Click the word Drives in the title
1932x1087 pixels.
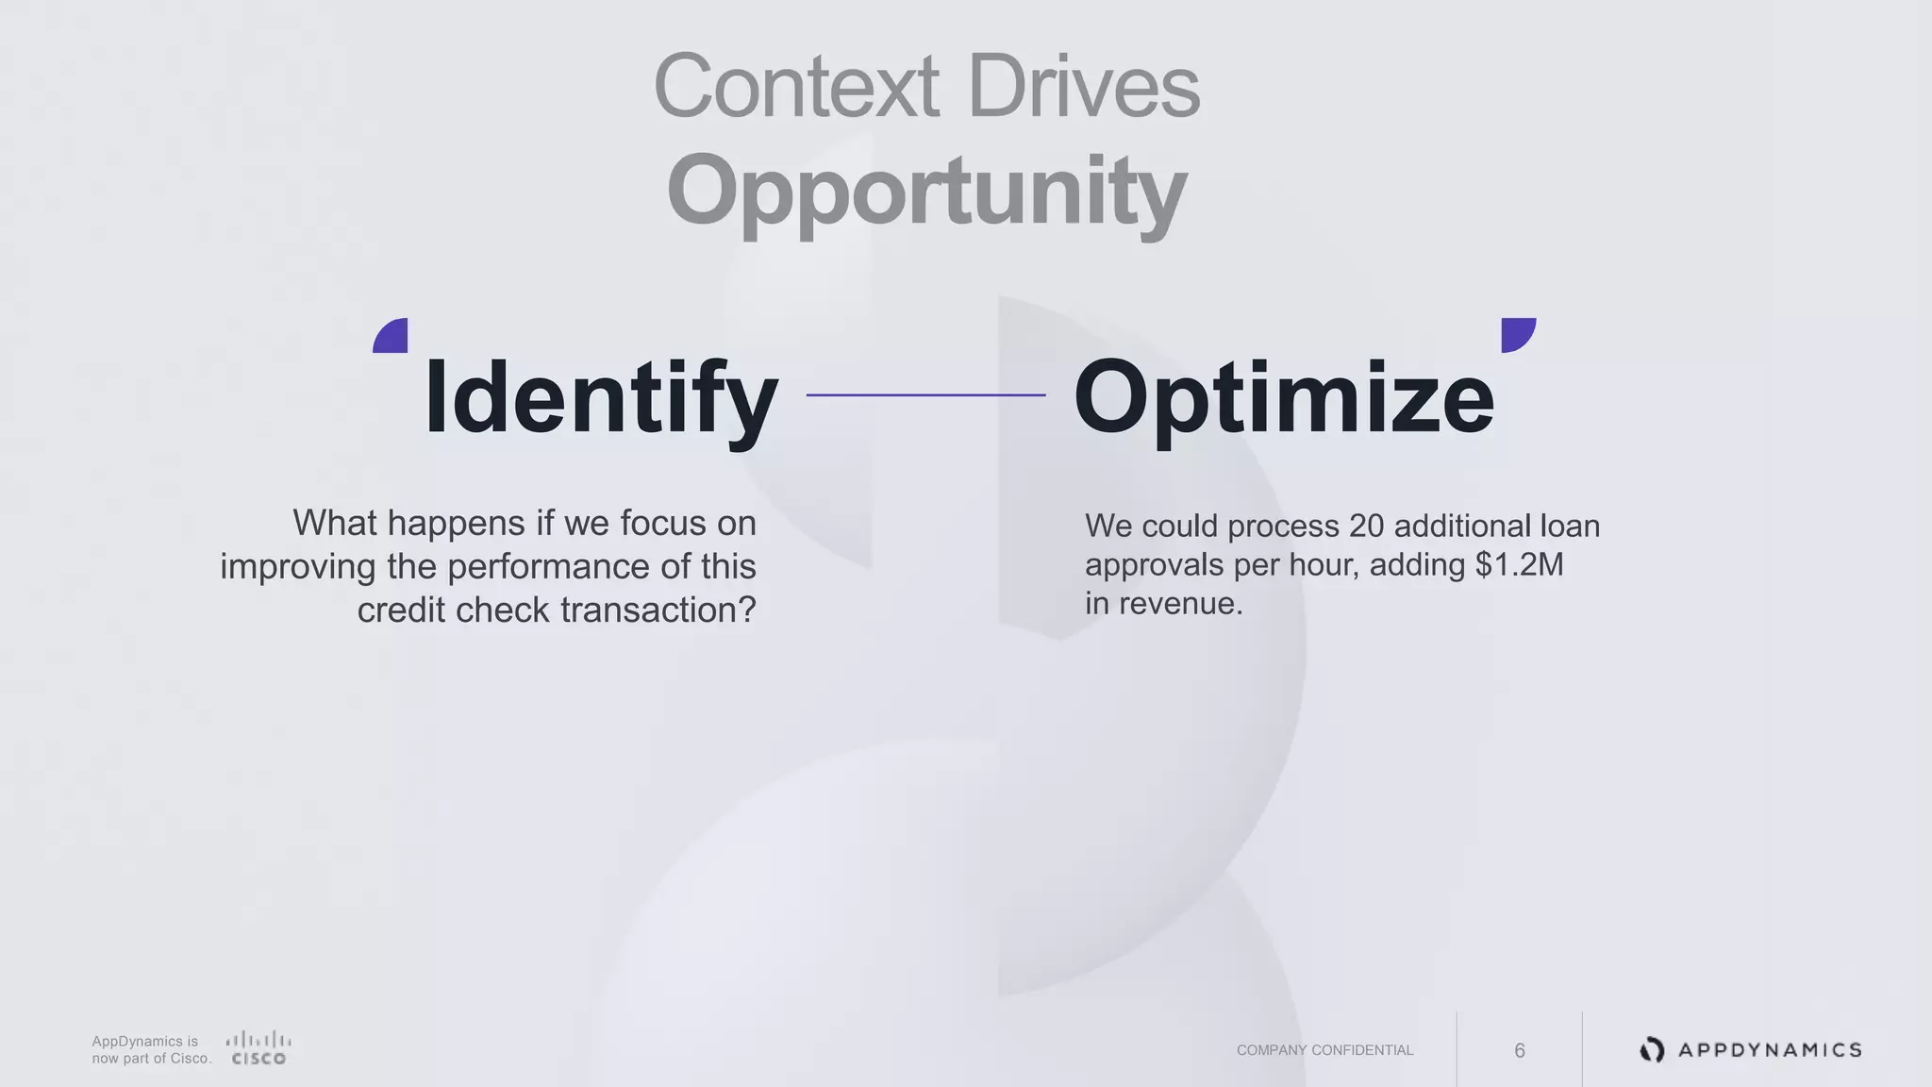click(x=1083, y=87)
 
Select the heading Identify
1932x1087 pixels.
click(x=601, y=397)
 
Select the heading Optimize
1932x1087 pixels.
click(x=1284, y=397)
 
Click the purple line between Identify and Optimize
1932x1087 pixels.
click(x=925, y=394)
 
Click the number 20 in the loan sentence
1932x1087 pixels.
click(x=1366, y=526)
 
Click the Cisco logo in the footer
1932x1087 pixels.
click(x=258, y=1048)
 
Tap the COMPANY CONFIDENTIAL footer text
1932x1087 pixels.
click(x=1324, y=1050)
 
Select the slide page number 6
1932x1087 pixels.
click(x=1519, y=1050)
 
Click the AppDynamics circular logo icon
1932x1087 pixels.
click(x=1652, y=1049)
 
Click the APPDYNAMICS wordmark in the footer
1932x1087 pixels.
click(x=1770, y=1050)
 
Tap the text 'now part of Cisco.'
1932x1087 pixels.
click(x=151, y=1059)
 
